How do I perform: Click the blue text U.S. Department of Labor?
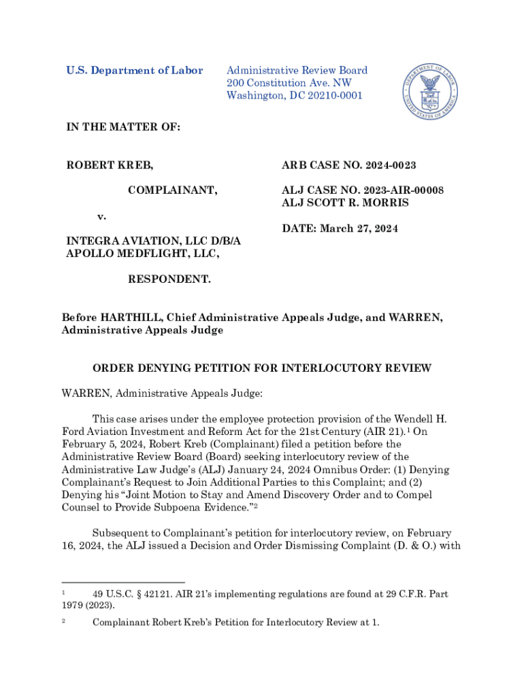pos(134,71)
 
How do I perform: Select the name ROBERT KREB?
pos(109,165)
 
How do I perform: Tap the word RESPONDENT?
pos(169,279)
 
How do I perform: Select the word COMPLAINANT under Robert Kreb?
pos(173,190)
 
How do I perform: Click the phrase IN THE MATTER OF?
pos(122,127)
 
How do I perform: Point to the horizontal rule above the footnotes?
pos(123,582)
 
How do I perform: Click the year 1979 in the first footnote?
pos(73,605)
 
